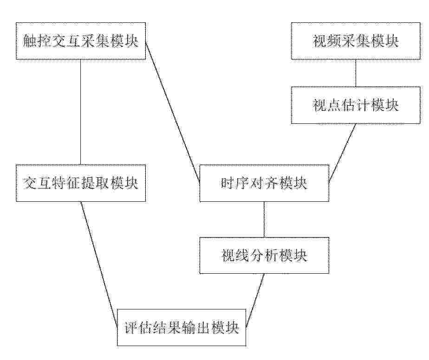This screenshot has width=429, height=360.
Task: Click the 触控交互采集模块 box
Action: (x=81, y=41)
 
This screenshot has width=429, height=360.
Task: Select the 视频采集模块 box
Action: (x=356, y=41)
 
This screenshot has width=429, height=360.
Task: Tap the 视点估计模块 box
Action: (x=356, y=105)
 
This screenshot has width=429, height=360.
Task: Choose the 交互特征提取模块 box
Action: (x=81, y=183)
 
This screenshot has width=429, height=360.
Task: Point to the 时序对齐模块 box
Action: (x=264, y=183)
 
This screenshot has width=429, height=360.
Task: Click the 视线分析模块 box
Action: (x=264, y=255)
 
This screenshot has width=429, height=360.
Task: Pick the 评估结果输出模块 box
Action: (x=182, y=328)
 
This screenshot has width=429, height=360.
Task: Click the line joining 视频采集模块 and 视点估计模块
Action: (x=356, y=73)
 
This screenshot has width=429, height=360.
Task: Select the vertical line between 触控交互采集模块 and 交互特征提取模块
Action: (x=80, y=112)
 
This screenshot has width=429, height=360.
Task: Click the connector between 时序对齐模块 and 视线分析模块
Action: (x=264, y=219)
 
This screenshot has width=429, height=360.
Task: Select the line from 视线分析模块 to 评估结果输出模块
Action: (x=255, y=300)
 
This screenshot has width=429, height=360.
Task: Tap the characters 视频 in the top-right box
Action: (x=327, y=41)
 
